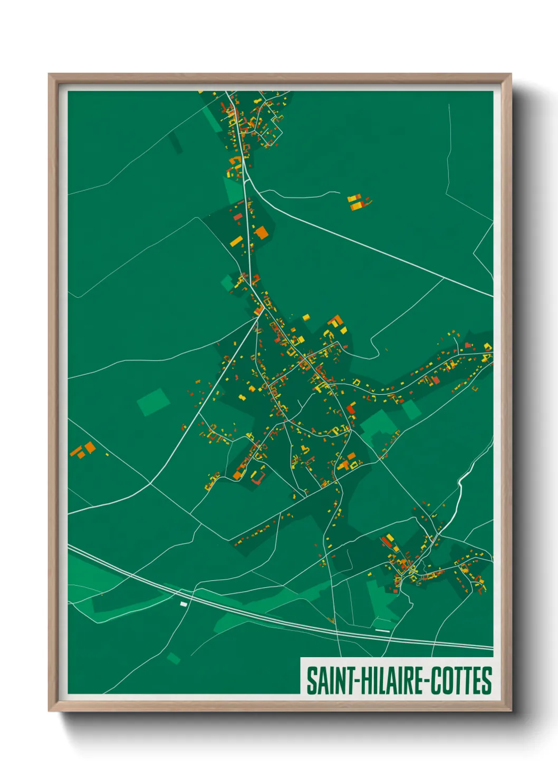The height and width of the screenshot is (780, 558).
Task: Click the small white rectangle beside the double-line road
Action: [x=184, y=604]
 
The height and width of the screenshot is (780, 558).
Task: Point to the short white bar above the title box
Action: [x=382, y=630]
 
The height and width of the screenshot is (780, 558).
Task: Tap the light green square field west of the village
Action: [x=153, y=402]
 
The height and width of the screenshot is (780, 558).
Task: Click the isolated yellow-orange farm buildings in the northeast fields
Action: [x=358, y=201]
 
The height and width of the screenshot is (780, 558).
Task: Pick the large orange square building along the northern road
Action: [x=261, y=232]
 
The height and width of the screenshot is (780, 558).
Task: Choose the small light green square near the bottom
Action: [x=174, y=658]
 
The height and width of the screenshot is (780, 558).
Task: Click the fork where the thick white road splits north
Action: [x=245, y=181]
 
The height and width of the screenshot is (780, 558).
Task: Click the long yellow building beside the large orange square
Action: [x=236, y=242]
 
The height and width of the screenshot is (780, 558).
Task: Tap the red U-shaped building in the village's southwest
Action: [x=257, y=478]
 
